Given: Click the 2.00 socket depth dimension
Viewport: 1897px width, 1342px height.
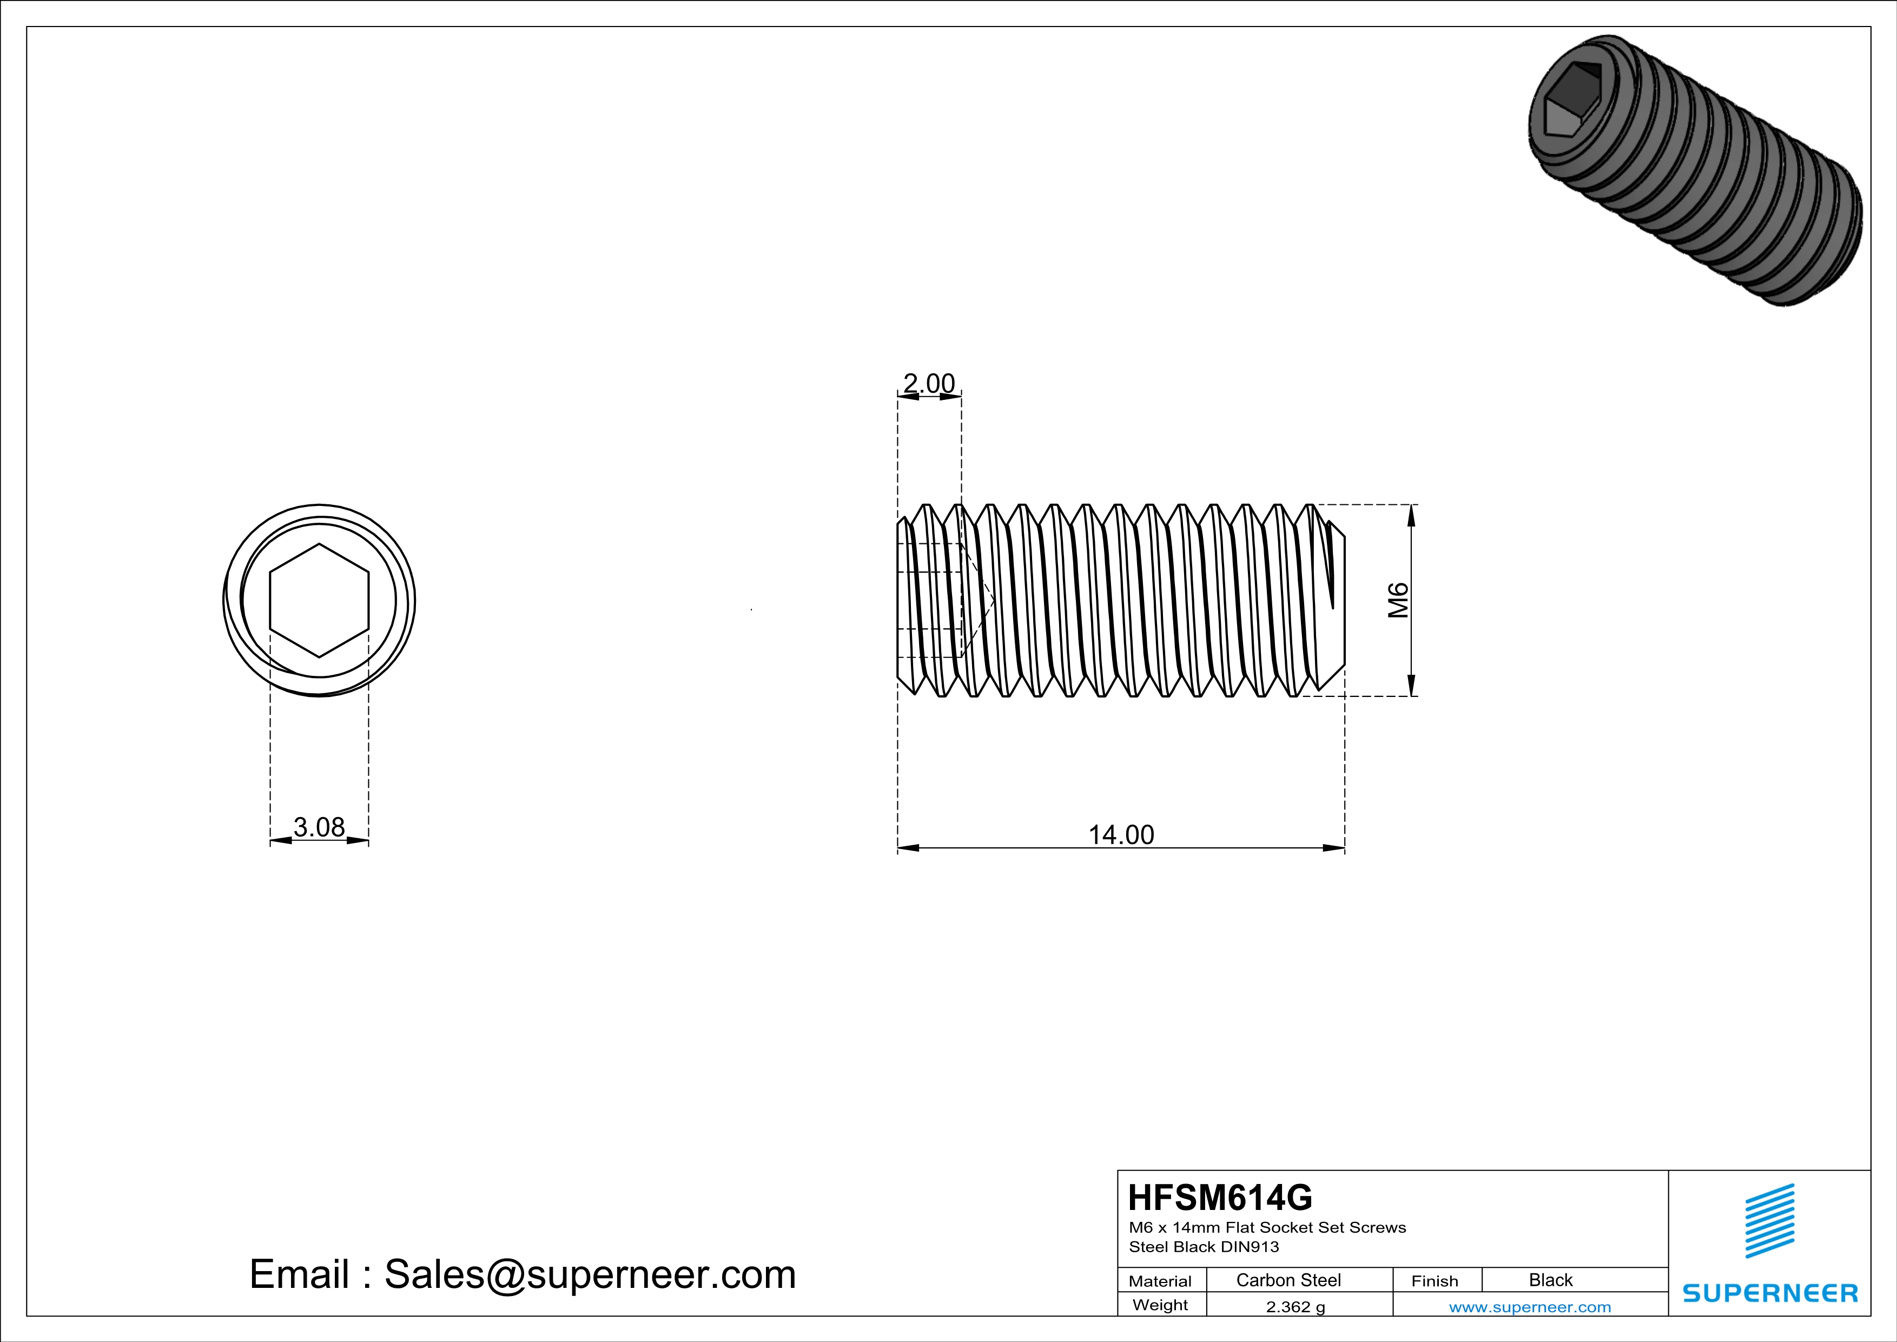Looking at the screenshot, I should click(929, 384).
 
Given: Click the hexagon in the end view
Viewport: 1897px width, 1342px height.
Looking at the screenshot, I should click(319, 601).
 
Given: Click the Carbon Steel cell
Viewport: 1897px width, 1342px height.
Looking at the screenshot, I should click(1288, 1280).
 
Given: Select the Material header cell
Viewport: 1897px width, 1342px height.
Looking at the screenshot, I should click(1160, 1281).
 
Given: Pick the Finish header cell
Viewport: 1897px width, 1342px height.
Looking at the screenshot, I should click(1435, 1281).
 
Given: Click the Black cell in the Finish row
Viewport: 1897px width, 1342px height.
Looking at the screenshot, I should click(1550, 1280).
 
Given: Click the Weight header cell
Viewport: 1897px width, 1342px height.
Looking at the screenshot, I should click(1160, 1305).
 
